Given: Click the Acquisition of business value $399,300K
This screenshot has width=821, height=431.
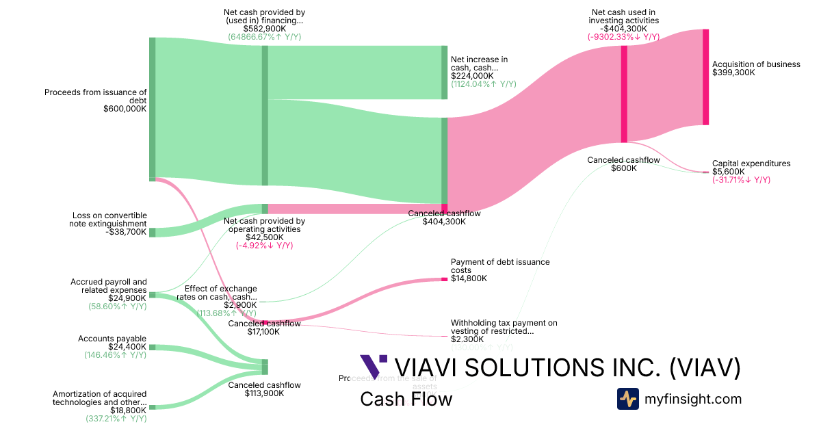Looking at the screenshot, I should [733, 73].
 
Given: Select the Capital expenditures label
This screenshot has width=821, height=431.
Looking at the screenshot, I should [751, 164].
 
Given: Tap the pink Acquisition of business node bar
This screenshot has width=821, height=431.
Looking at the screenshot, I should [705, 77].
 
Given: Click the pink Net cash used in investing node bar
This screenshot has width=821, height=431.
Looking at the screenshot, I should [624, 94].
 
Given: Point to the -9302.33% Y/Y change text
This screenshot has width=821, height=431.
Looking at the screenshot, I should [623, 37].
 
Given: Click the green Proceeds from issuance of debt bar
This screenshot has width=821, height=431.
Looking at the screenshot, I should [153, 109].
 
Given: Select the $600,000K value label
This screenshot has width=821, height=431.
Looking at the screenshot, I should [125, 109].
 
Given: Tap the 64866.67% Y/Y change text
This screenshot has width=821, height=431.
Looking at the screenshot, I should [264, 37].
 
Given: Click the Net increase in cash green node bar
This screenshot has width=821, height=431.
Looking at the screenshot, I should [445, 73].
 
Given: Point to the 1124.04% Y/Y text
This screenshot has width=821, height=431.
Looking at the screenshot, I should [483, 84].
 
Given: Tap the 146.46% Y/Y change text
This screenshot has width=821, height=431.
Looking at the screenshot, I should [115, 355].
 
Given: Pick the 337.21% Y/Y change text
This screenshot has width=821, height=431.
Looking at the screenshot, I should [116, 418].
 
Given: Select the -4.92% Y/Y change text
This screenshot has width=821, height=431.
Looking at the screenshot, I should [264, 246].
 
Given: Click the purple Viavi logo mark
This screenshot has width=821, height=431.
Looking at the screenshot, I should [373, 367].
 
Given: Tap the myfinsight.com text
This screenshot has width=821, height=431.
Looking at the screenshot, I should [692, 399].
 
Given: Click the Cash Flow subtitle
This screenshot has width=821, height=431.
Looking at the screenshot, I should [406, 399].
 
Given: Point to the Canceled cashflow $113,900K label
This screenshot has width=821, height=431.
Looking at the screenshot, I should [264, 389].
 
